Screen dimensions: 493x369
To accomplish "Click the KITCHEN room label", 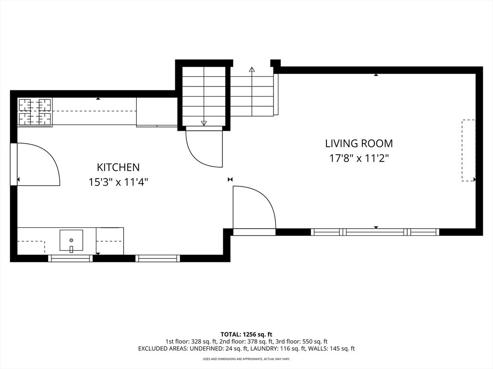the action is pyautogui.click(x=118, y=167).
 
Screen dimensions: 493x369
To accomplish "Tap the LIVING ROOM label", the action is pyautogui.click(x=359, y=143).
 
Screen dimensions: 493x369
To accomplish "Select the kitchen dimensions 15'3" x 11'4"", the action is pyautogui.click(x=118, y=182).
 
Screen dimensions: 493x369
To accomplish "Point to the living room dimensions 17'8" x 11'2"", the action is pyautogui.click(x=359, y=158).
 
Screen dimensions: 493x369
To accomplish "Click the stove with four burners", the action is pyautogui.click(x=35, y=112).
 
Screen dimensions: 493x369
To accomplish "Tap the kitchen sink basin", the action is pyautogui.click(x=71, y=240).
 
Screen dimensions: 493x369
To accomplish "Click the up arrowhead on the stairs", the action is pyautogui.click(x=251, y=69).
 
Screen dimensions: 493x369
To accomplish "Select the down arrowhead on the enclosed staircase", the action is pyautogui.click(x=204, y=123).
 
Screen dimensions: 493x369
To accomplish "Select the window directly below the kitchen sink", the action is pyautogui.click(x=70, y=258).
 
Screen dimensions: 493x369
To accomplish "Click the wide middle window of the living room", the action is pyautogui.click(x=375, y=232).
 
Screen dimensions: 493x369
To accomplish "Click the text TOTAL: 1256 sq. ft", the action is pyautogui.click(x=246, y=334).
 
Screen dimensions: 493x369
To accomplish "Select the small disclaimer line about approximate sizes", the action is pyautogui.click(x=246, y=358).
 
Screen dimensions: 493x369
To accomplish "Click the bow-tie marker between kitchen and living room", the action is pyautogui.click(x=230, y=179).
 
